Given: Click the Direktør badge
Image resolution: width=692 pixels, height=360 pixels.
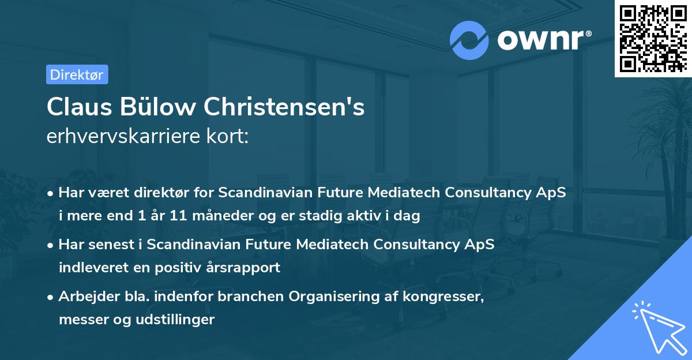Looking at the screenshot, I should click(x=77, y=74).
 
